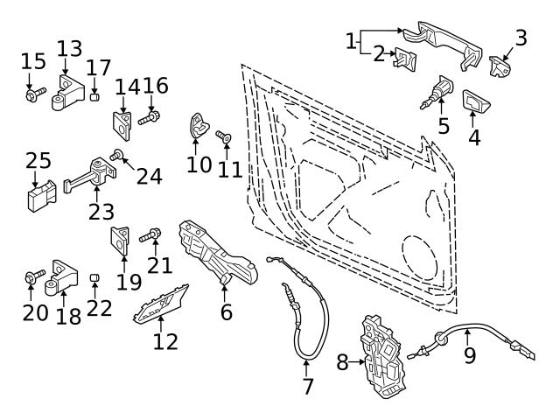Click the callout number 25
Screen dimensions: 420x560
point(38,161)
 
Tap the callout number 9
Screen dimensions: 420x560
point(469,356)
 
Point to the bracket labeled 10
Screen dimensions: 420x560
point(199,127)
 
